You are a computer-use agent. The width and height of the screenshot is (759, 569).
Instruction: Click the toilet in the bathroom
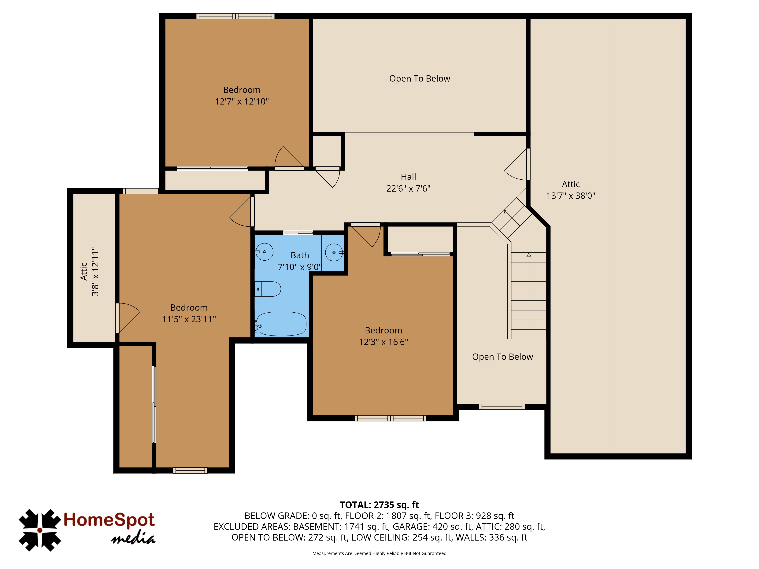coord(268,289)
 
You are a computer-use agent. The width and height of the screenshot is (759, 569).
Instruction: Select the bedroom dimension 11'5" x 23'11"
coord(189,319)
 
